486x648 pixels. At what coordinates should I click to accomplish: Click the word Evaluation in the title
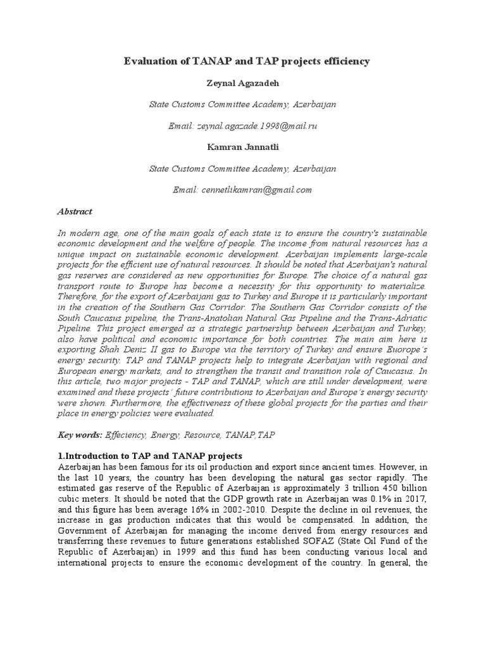click(147, 62)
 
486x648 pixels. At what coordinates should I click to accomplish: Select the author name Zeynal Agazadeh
click(242, 83)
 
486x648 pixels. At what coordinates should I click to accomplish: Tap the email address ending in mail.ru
click(242, 126)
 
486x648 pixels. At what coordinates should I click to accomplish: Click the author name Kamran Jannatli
click(242, 147)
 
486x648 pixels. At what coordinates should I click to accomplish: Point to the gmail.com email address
click(242, 190)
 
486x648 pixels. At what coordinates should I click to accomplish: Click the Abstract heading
click(75, 211)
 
